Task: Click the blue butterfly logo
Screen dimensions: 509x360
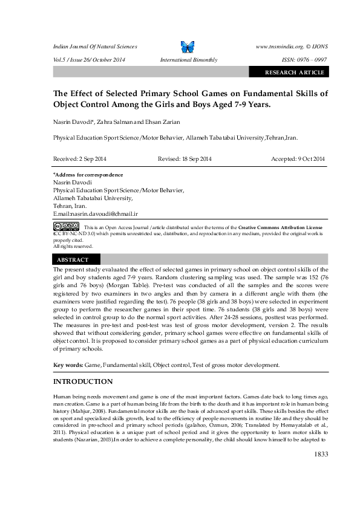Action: coord(188,47)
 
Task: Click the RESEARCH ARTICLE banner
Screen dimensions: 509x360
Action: coord(294,73)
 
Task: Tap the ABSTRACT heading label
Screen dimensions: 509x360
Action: coord(73,259)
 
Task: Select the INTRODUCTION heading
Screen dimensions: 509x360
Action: coord(83,381)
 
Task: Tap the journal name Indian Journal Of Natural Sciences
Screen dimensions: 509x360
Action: coord(95,47)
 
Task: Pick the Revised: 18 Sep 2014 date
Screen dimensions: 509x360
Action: coord(185,158)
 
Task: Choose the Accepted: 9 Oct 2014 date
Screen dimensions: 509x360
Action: coord(298,158)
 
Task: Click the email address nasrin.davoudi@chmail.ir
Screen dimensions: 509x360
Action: coord(105,213)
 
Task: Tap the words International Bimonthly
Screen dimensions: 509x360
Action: coord(188,60)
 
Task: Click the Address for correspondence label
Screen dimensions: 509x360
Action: coord(88,175)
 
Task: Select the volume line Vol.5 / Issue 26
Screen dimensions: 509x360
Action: coord(90,60)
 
